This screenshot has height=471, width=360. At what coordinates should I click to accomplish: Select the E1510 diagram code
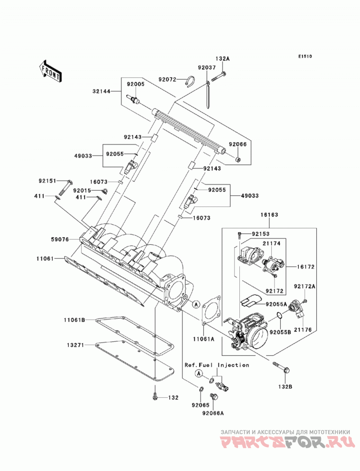tap(305, 56)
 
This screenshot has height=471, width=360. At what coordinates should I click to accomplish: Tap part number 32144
tap(101, 91)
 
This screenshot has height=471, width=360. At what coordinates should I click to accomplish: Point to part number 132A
tap(222, 58)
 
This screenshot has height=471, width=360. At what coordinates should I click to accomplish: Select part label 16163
tap(269, 215)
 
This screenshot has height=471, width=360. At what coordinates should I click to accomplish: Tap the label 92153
tap(261, 233)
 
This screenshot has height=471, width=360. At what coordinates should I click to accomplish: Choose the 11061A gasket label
tap(203, 339)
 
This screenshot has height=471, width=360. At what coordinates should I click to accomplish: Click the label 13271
tap(76, 345)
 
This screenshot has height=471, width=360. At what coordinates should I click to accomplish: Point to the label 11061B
tap(74, 320)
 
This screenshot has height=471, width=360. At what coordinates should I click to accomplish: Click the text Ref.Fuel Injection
tap(216, 365)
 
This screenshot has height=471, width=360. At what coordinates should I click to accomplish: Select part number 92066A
tap(213, 413)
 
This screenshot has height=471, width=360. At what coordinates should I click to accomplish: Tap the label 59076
tap(60, 239)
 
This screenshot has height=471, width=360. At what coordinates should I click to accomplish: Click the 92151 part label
tap(47, 181)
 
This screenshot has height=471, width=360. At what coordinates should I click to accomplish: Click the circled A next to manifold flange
tap(196, 304)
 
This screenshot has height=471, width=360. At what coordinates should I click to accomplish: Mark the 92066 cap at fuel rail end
tap(238, 159)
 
